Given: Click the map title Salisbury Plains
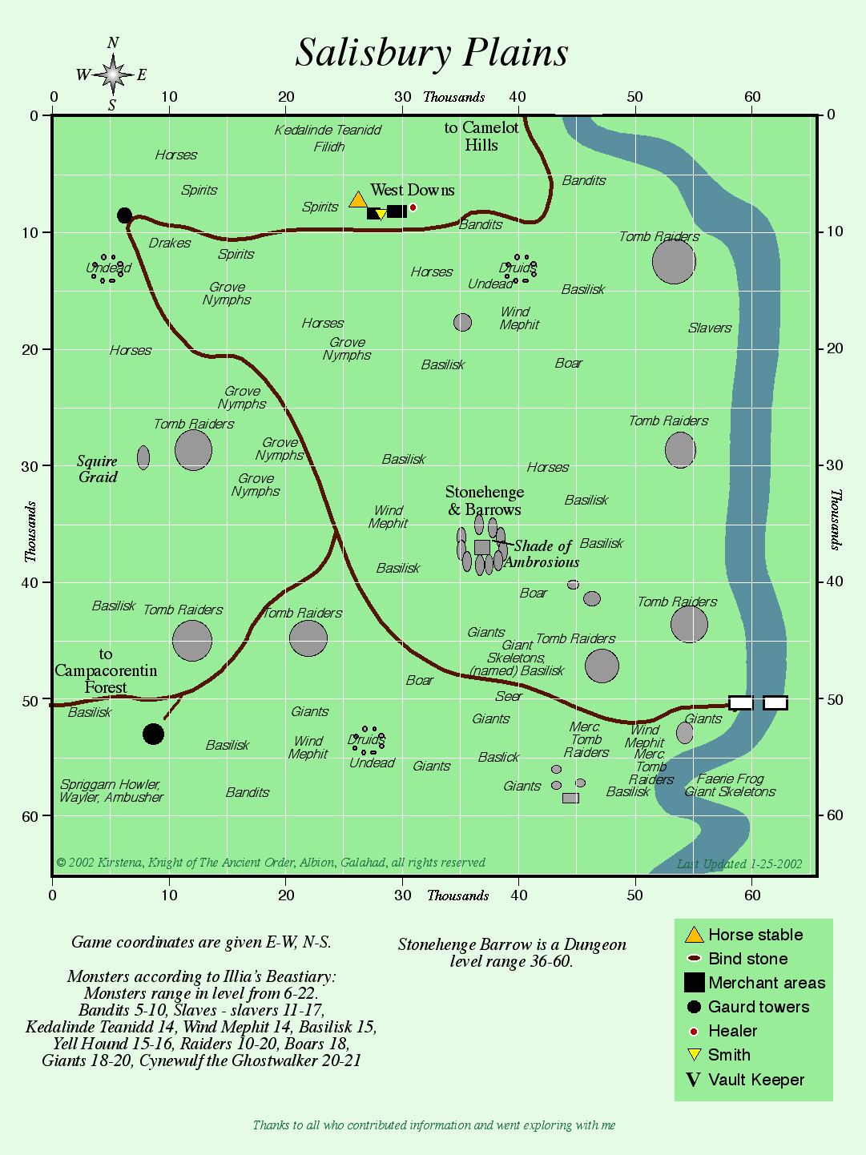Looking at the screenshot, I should [432, 54].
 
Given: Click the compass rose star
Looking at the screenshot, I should [113, 74].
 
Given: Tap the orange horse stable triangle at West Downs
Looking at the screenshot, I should [358, 199].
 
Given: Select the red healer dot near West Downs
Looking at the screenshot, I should [413, 208].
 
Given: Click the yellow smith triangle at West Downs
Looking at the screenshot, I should [381, 215].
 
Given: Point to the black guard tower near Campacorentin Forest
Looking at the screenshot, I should [153, 734].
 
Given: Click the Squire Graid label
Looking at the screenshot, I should [98, 469].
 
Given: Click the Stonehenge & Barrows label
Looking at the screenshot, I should [485, 501].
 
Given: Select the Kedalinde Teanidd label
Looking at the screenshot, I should [328, 130].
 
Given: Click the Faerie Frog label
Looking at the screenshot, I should [730, 779].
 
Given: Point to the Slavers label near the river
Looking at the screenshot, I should [709, 328].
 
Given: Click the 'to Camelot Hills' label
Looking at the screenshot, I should [481, 136].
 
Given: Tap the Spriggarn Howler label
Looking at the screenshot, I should [111, 784].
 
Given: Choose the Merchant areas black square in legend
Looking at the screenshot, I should [695, 983].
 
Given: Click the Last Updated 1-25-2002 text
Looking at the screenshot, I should [739, 864].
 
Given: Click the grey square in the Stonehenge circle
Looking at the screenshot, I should [481, 547].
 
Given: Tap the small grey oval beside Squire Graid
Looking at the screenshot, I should [143, 457].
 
